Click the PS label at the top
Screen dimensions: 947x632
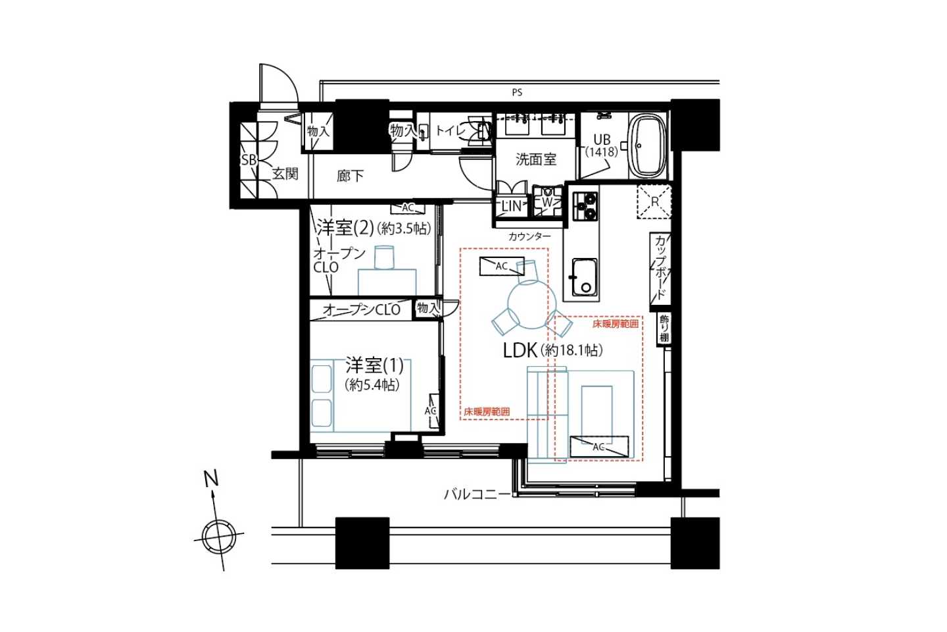pos(517,92)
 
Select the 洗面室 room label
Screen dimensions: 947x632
pos(535,159)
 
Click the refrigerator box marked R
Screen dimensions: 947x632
pos(654,202)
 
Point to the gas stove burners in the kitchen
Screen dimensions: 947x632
pos(585,206)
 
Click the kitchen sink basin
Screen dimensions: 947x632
pos(584,277)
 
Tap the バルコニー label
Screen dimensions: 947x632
pos(477,494)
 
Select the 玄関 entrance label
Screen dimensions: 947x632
pos(285,174)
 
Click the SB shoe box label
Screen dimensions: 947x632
pos(249,161)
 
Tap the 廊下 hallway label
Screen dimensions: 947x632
pos(350,176)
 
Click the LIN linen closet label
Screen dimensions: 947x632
pos(511,206)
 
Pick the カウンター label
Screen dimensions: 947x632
pos(530,236)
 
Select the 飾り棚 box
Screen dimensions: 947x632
pos(664,329)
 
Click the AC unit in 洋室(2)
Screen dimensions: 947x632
pos(408,208)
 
